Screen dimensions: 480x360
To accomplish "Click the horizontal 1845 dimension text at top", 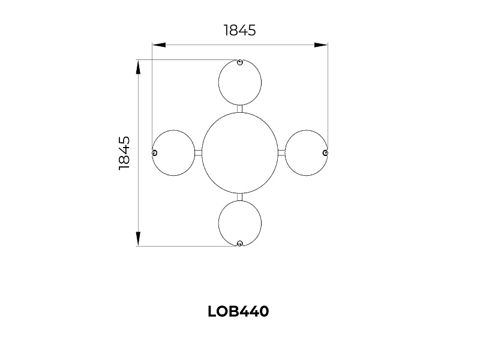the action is pyautogui.click(x=239, y=31).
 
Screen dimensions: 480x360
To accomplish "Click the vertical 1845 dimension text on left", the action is pyautogui.click(x=124, y=153).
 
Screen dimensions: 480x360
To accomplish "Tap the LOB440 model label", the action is pyautogui.click(x=238, y=311).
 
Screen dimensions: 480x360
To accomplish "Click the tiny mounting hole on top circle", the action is pyautogui.click(x=239, y=62).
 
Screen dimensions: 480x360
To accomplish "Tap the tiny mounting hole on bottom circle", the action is pyautogui.click(x=240, y=244).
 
